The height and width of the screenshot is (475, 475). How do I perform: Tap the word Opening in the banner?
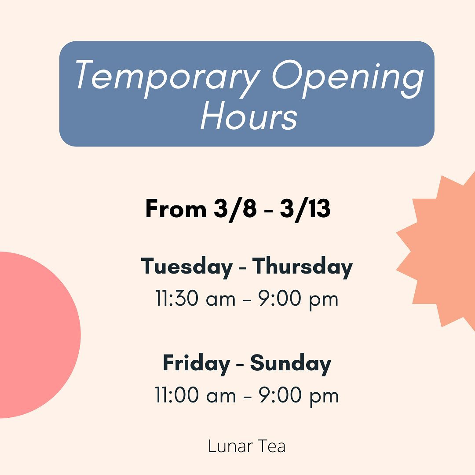(348, 79)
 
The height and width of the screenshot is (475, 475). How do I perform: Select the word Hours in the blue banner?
(248, 115)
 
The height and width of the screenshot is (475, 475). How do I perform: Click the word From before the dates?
(175, 208)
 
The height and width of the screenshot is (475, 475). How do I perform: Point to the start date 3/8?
(235, 209)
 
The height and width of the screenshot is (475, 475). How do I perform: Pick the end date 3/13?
(305, 209)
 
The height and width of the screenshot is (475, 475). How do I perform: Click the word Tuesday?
(186, 267)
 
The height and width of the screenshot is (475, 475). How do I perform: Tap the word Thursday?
(302, 267)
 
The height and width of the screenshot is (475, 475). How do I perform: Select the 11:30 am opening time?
(195, 298)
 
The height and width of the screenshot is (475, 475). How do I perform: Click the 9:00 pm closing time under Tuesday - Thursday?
(298, 300)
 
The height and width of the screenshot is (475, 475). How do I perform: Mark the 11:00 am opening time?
(195, 395)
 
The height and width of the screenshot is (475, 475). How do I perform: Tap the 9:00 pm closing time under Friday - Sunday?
(299, 396)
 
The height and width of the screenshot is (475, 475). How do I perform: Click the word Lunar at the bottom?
(230, 446)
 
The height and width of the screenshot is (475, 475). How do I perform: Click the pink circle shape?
(37, 335)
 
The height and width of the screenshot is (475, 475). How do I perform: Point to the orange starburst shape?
(442, 252)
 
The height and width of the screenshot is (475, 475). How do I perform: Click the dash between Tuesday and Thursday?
(242, 268)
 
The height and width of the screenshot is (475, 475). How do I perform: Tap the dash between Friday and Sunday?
(240, 365)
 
